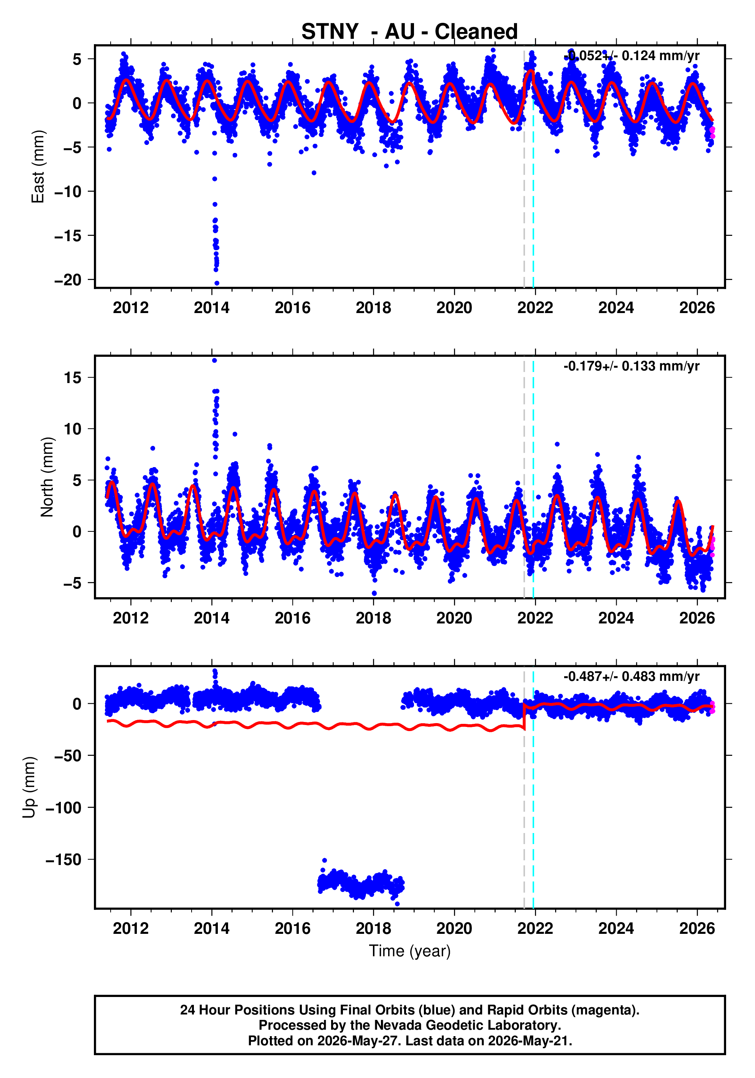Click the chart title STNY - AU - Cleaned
pos(409,32)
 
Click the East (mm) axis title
pos(38,167)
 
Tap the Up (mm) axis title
pos(29,787)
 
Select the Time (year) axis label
pos(410,951)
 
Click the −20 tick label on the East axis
pos(68,280)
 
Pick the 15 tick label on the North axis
pos(73,377)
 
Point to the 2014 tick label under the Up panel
pos(212,929)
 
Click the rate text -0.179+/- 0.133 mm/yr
pos(631,366)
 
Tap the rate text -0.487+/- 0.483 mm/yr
pos(631,677)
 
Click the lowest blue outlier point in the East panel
pos(217,283)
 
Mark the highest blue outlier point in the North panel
pos(214,361)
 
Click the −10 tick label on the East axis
pos(68,192)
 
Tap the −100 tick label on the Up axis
pos(63,808)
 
